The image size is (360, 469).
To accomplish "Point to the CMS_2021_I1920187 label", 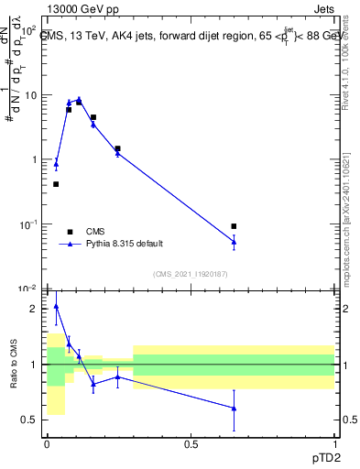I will pos(190,273).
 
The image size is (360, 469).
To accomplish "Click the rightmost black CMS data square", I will pos(234,226).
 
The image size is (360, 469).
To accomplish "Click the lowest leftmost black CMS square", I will pos(56,184).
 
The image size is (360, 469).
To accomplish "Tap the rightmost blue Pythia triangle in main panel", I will pos(234,242).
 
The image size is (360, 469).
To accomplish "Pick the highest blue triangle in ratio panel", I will pos(56,307).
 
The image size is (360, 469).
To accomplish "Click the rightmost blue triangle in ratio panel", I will pos(234,409).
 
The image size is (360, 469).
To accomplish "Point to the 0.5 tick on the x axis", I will pos(191,443).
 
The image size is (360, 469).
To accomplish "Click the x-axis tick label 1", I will pos(335,443).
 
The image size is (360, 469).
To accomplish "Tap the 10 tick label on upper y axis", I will pos(30,95).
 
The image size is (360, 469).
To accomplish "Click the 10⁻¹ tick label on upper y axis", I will pos(29,224).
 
